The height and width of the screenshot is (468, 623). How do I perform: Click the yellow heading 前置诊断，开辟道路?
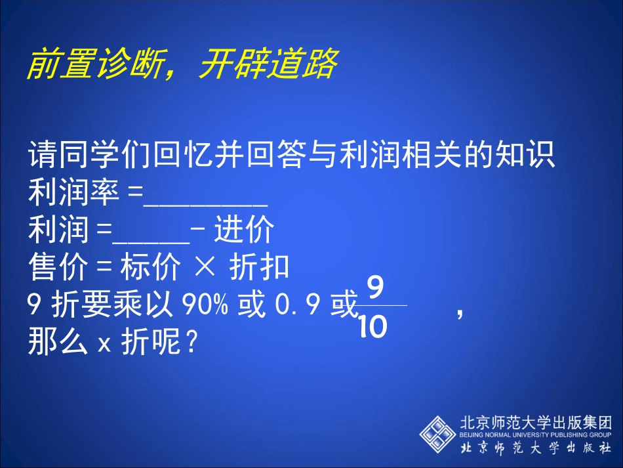[x=182, y=64]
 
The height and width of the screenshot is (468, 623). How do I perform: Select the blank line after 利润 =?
[x=152, y=241]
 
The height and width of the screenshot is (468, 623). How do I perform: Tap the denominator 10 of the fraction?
[x=374, y=326]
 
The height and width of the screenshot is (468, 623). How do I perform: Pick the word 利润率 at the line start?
[x=73, y=194]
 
